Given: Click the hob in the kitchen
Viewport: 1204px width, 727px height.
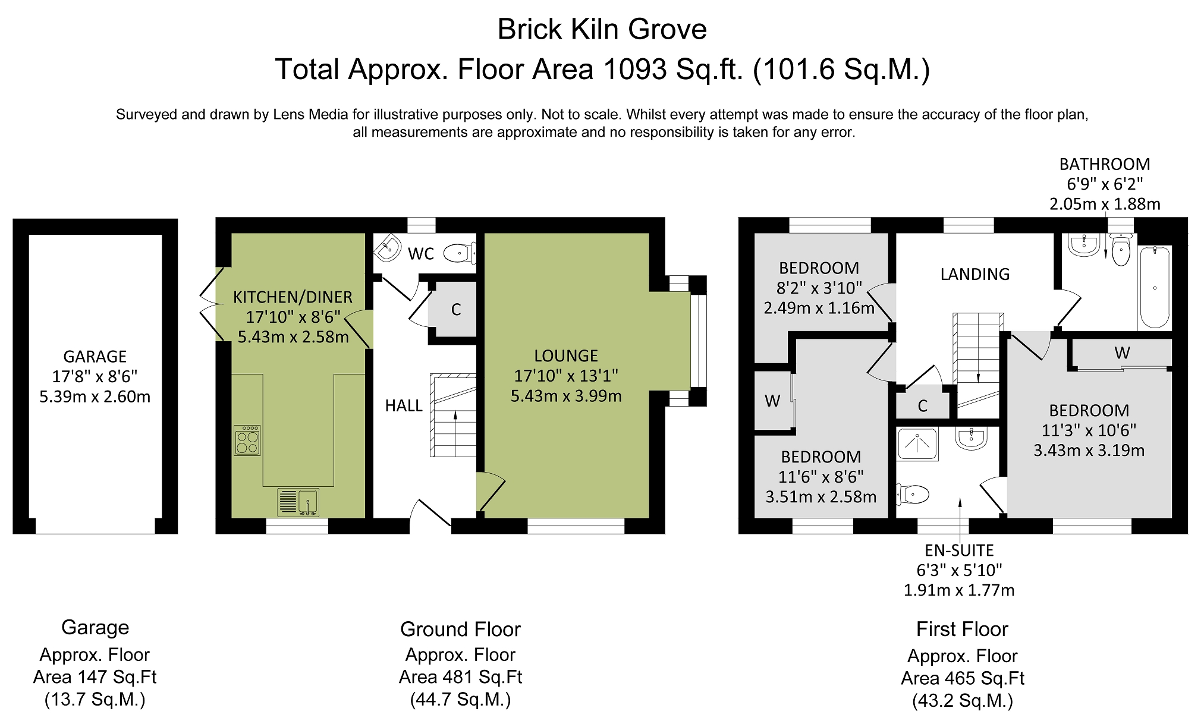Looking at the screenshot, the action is tap(247, 440).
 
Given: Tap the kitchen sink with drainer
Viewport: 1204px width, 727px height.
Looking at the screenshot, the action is tap(298, 502).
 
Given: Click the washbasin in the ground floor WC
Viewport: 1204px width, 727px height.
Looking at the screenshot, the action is tap(388, 248).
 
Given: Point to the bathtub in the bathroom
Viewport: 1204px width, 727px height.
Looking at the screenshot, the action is tap(1155, 287).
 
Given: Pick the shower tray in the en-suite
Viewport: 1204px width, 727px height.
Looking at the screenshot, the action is tap(917, 445).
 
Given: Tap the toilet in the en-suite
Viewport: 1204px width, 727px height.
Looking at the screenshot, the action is tap(913, 494).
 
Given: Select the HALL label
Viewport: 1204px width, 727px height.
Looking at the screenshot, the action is tap(404, 405).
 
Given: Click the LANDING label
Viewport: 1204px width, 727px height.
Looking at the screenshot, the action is tap(975, 274).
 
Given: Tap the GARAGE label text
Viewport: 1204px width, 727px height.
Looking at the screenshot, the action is tap(95, 357).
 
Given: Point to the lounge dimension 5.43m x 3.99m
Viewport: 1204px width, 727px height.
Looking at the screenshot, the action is tap(566, 396).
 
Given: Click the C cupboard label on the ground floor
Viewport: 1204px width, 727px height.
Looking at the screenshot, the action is tap(456, 310).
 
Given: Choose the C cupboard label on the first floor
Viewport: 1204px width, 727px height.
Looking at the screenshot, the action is tap(923, 406).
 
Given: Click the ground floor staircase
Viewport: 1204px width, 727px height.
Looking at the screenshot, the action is tap(453, 415).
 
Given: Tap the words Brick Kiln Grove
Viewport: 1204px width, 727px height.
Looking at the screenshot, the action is tap(602, 29).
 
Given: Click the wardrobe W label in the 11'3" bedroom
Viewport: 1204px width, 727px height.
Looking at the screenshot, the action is tap(1122, 353).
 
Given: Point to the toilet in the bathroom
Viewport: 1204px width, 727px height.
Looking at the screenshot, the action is tap(1121, 250).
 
